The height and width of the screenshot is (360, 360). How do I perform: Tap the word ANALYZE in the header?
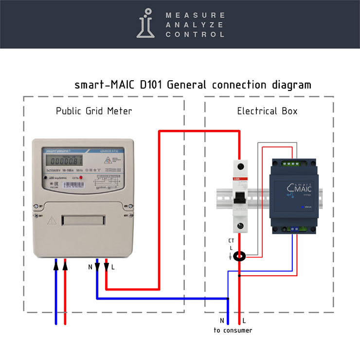pyautogui.click(x=195, y=25)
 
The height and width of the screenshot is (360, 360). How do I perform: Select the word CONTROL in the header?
pyautogui.click(x=195, y=35)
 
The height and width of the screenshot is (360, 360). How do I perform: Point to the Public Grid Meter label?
pyautogui.click(x=94, y=111)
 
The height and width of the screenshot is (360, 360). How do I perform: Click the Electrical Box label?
pyautogui.click(x=267, y=111)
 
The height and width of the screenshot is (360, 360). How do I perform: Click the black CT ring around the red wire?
pyautogui.click(x=239, y=255)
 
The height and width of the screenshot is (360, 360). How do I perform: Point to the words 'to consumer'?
pyautogui.click(x=233, y=331)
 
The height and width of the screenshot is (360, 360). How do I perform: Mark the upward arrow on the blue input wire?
pyautogui.click(x=56, y=266)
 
